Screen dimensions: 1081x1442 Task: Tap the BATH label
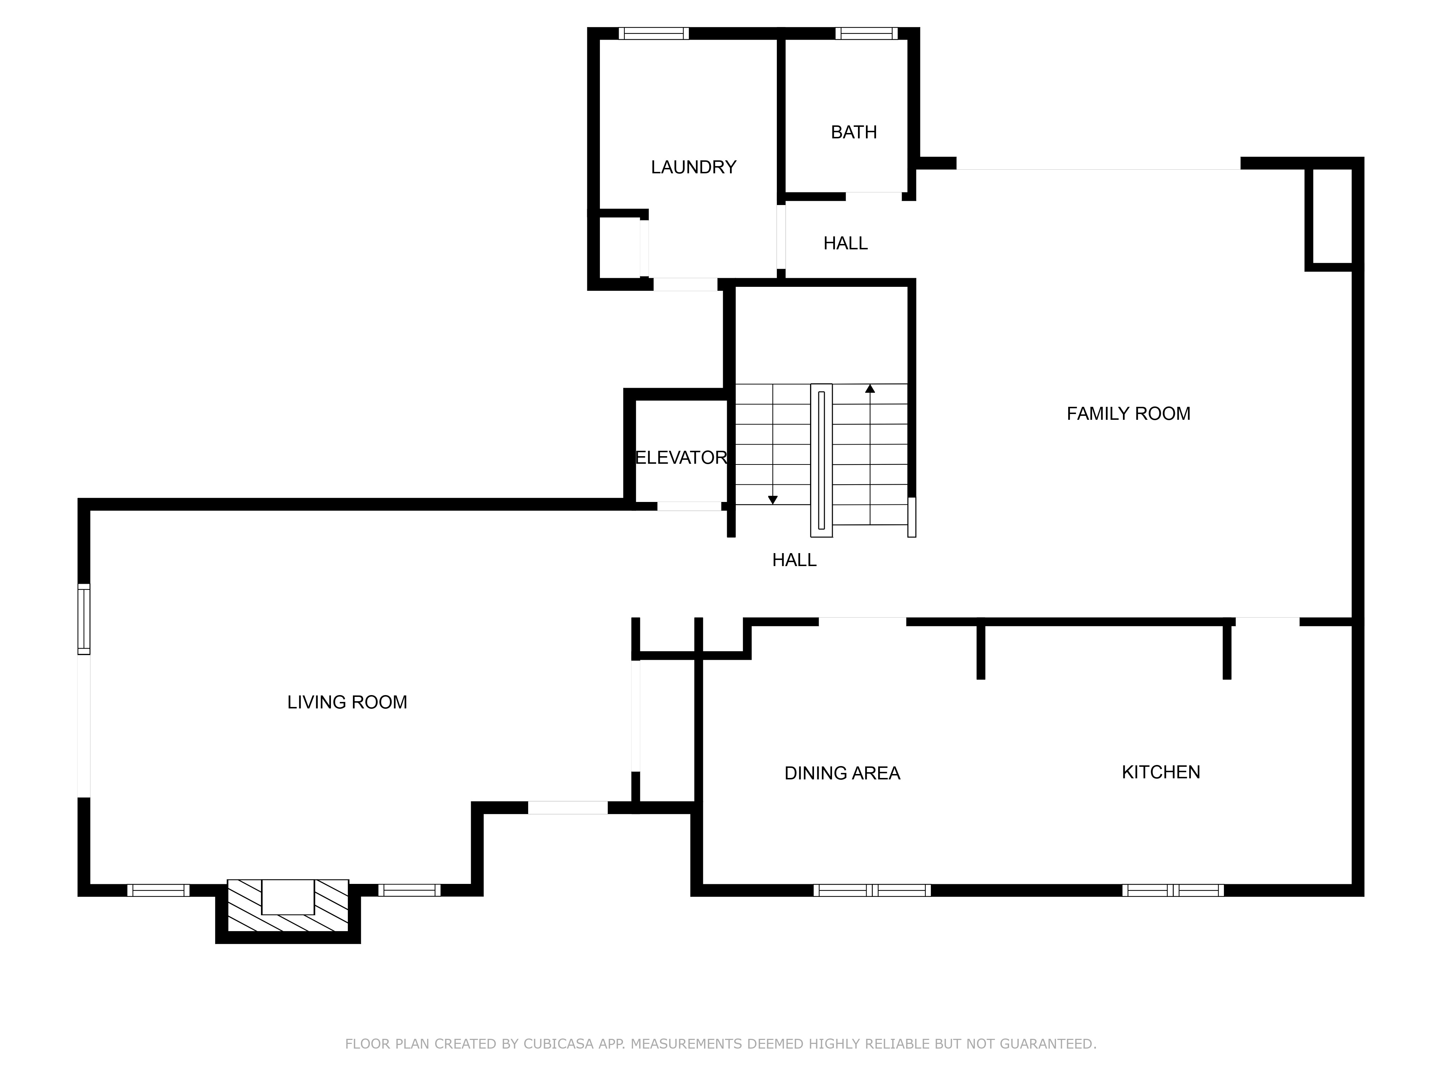tap(853, 132)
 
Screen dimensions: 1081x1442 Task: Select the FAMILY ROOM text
tap(1128, 414)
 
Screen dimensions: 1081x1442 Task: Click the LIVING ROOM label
tap(347, 702)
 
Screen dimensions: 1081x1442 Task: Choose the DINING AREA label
tap(842, 773)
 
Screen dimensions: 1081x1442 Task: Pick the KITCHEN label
tap(1160, 772)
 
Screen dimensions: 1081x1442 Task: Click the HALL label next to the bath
tap(845, 244)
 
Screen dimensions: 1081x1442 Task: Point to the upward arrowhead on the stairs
tap(870, 389)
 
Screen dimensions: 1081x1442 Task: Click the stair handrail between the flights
tap(821, 460)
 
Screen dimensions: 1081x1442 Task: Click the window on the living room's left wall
tap(83, 619)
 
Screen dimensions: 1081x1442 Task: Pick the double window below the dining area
tap(872, 890)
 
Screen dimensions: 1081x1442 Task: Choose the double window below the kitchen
tap(1173, 890)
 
